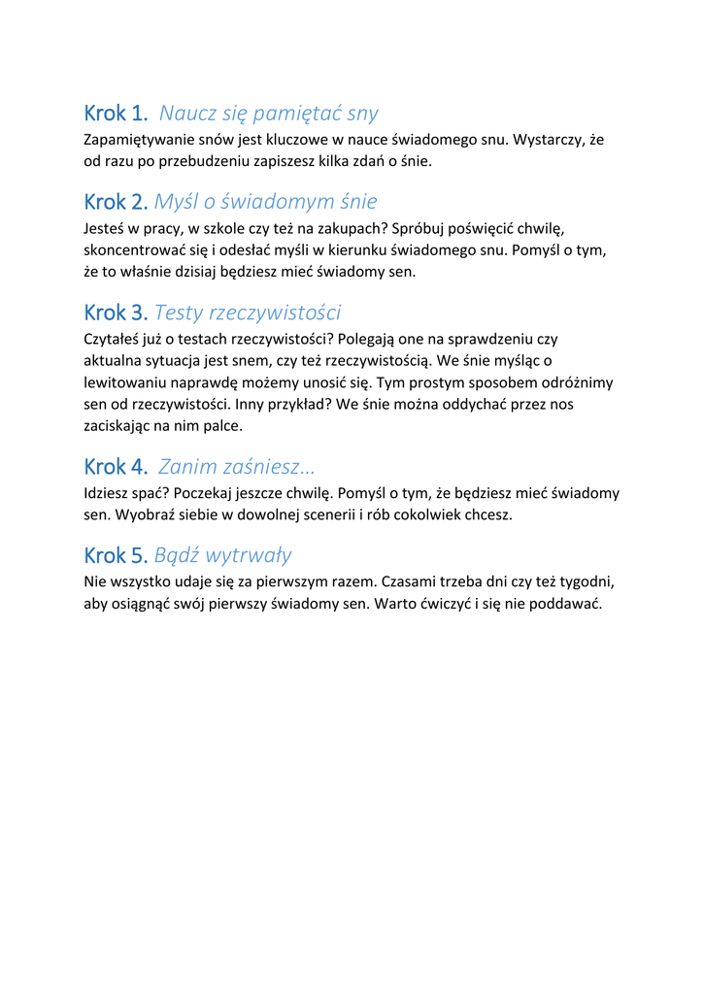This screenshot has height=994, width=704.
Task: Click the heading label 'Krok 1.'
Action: [x=116, y=114]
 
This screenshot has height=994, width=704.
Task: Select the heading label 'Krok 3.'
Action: [x=116, y=313]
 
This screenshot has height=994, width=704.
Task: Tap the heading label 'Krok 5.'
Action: [x=116, y=555]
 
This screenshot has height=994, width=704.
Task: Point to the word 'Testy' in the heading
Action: [x=179, y=313]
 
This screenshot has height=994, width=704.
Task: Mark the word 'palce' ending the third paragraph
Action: [x=224, y=426]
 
